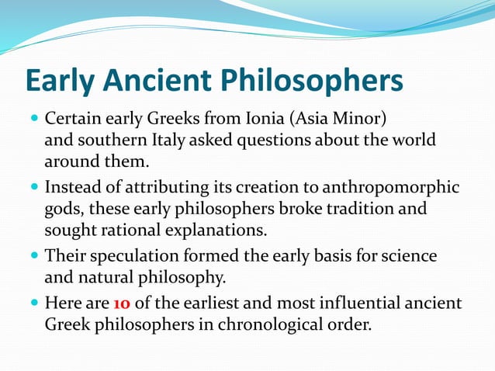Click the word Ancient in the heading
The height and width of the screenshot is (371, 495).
[x=161, y=81]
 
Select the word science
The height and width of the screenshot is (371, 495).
[x=407, y=256]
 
